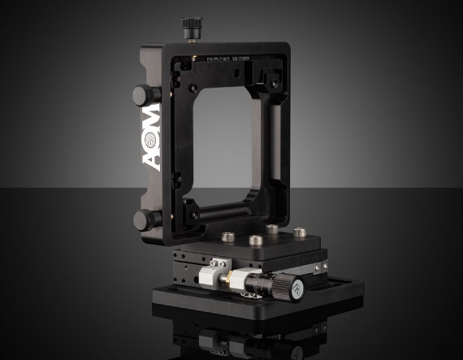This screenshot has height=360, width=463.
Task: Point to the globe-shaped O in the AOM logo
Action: tap(152, 134)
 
